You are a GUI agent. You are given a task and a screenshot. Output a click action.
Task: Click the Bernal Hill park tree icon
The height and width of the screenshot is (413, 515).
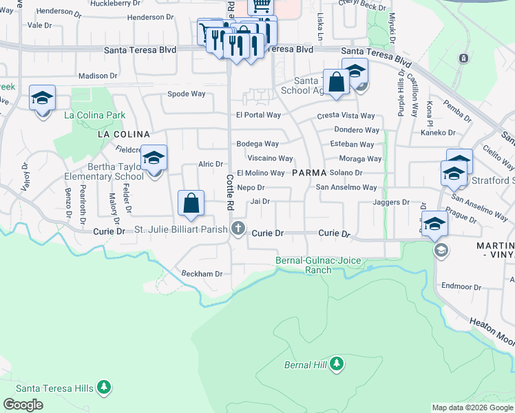click(337, 363)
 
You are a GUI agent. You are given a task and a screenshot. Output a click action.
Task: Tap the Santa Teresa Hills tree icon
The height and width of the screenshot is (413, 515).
click(104, 388)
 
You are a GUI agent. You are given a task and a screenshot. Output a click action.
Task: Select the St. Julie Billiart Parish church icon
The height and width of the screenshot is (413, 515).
click(238, 229)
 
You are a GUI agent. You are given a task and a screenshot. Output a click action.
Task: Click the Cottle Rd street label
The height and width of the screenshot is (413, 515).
click(230, 192)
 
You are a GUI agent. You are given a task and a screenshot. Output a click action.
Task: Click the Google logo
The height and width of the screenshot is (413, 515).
click(23, 405)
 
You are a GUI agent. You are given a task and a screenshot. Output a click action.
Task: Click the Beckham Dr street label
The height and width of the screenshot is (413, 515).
click(202, 273)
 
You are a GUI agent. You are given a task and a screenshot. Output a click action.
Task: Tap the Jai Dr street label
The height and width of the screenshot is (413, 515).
click(260, 201)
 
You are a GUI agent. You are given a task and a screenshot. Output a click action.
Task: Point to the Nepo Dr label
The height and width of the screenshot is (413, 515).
click(251, 187)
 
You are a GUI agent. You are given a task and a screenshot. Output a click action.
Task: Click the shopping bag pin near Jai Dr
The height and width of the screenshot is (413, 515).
click(191, 204)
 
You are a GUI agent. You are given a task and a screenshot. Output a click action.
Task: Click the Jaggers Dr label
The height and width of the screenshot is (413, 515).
click(390, 202)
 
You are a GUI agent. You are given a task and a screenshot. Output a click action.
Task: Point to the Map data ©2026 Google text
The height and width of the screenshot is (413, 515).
click(472, 407)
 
